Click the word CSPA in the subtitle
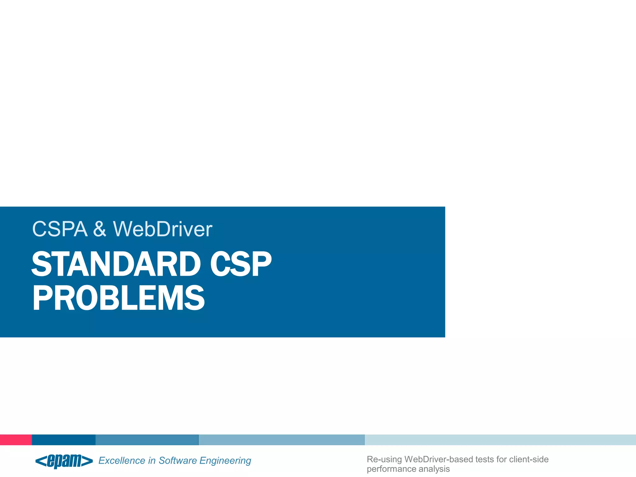click(60, 229)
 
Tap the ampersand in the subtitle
click(100, 229)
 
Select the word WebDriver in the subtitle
click(162, 229)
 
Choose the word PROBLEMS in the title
click(118, 298)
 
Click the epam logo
click(64, 461)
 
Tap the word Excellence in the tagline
click(122, 461)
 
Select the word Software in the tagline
click(178, 461)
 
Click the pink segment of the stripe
click(16, 440)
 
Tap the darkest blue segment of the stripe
click(64, 440)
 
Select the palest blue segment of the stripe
click(500, 440)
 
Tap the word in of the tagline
click(152, 461)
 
